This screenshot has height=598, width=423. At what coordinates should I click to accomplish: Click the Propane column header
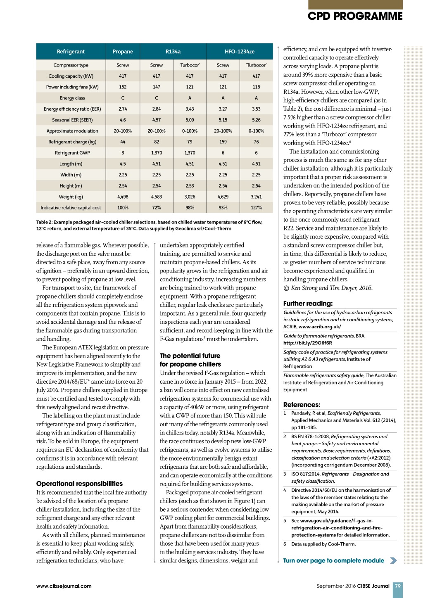pos(123,52)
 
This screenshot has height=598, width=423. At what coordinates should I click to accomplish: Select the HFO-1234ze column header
pos(240,52)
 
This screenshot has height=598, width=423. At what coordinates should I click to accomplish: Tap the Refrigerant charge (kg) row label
pos(72,142)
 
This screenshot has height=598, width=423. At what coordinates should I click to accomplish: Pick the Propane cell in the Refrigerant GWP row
pos(123,153)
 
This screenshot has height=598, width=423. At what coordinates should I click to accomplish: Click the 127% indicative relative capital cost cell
pos(256,208)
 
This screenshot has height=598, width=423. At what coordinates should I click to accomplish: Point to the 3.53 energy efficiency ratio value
pos(256,109)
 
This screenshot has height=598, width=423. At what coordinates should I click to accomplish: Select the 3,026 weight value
pos(190,197)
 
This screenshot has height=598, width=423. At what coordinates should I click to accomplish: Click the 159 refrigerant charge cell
pos(223,142)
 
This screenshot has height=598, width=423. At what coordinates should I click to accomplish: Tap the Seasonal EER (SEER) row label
pos(72,120)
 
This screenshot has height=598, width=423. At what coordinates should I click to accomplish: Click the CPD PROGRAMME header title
pos(355,16)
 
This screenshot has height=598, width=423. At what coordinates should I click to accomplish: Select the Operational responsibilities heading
pos(79,484)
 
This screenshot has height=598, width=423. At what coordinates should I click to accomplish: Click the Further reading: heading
pos(308,304)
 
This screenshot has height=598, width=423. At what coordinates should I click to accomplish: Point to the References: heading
pos(302,405)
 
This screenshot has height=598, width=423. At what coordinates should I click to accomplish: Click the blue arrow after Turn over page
pos(393,560)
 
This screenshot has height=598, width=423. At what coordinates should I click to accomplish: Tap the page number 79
pos(398,586)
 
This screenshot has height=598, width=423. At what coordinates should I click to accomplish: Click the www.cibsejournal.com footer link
pos(64,586)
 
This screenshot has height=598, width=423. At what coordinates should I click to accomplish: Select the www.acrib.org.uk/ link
pos(320,327)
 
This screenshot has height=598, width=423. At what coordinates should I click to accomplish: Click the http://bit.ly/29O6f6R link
pos(307,343)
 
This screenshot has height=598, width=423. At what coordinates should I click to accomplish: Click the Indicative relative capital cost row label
pos(71,208)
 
